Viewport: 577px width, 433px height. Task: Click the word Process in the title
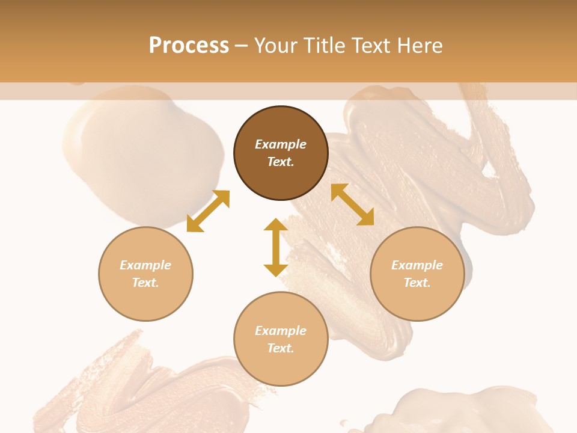(189, 46)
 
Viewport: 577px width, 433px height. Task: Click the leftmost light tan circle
(145, 274)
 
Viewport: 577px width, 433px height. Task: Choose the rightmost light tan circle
(417, 274)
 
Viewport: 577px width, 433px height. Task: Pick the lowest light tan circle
(281, 339)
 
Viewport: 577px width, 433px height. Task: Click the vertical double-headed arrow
(276, 247)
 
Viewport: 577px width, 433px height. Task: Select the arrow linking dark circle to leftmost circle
(208, 211)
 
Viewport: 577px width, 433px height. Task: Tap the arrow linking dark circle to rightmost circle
(353, 204)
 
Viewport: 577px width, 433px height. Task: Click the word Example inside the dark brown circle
(281, 144)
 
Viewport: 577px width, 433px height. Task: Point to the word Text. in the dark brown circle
(281, 162)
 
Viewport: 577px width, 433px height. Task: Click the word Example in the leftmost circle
(145, 265)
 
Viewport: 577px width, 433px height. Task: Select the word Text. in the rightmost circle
(417, 283)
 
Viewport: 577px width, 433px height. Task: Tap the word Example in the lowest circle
(281, 331)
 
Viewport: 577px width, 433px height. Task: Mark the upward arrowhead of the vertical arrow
(276, 225)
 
